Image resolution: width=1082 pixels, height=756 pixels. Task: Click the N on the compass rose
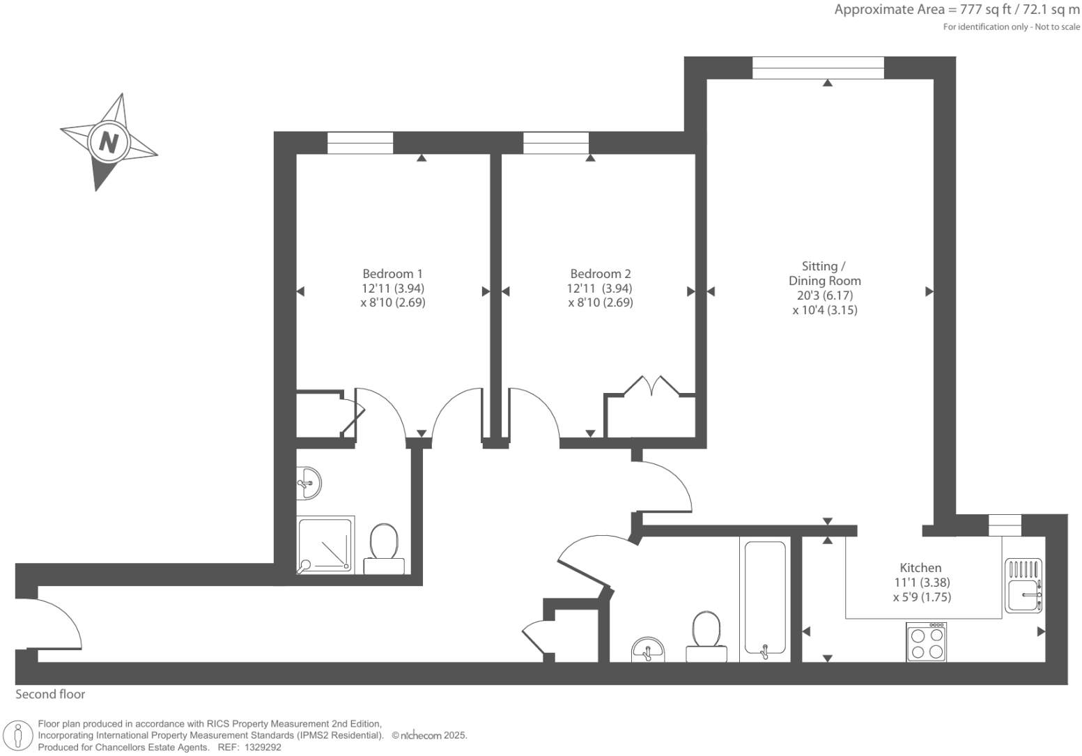pos(109,141)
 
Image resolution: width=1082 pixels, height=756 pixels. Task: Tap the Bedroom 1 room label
pos(392,274)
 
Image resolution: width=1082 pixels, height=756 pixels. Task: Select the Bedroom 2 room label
pos(600,274)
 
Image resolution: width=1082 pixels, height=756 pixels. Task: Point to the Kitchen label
pos(920,568)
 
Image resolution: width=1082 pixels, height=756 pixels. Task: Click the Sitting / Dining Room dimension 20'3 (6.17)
pos(825,295)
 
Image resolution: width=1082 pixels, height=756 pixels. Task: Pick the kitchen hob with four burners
pos(927,642)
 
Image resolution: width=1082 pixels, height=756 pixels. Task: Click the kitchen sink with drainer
pos(1023,586)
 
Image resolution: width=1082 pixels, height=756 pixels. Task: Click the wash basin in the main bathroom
pos(648,650)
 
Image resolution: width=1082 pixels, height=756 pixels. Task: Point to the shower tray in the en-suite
pos(325,545)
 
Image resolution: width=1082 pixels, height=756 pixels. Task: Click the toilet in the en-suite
pos(384,548)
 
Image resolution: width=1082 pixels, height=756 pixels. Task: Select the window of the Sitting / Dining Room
pos(818,68)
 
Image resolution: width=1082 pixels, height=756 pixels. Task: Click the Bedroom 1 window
pos(360,143)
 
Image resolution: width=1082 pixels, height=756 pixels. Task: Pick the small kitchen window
pos(1005,525)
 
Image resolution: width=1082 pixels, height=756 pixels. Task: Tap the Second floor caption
pos(50,694)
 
